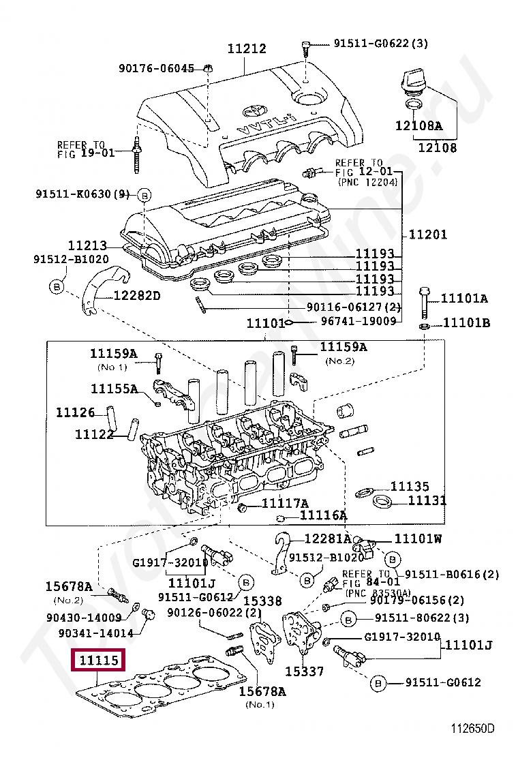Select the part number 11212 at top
coord(246,49)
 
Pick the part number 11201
coord(428,234)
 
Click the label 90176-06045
coord(156,68)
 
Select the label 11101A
coord(464,298)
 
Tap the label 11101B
coord(466,322)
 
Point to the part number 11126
coord(75,412)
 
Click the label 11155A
coord(114,389)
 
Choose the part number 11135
coord(410,487)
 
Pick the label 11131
coord(427,501)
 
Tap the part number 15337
coord(304,671)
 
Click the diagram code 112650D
coord(472,728)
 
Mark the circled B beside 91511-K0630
coord(144,195)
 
